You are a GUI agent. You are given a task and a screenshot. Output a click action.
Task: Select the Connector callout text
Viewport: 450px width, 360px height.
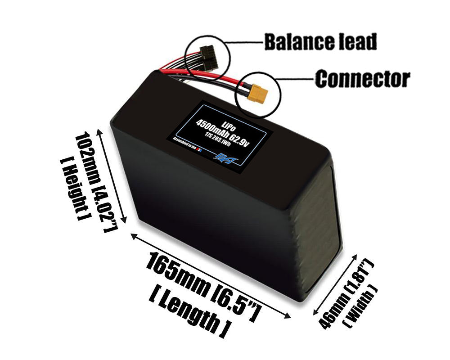coord(362,79)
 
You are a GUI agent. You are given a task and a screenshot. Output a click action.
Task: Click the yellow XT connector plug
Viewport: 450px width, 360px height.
coord(258,94)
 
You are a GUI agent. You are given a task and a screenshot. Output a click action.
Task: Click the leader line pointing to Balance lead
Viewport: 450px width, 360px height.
coord(245,43)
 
